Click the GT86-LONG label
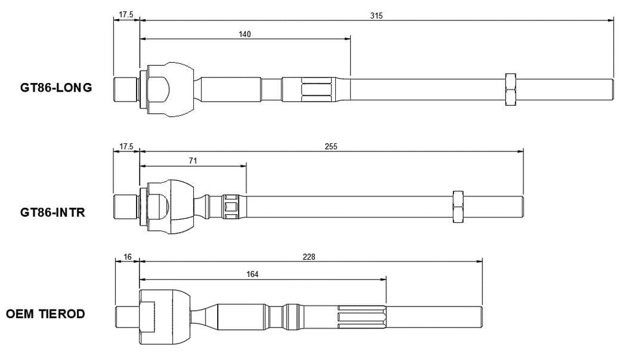(x=56, y=87)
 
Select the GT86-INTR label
(x=53, y=212)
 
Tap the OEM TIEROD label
(x=46, y=314)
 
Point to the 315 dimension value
(x=377, y=15)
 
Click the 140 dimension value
(x=245, y=34)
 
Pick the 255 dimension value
(x=331, y=146)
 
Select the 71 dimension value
(x=193, y=161)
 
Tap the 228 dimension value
(x=309, y=257)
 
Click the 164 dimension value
(x=252, y=274)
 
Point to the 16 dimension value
(x=127, y=257)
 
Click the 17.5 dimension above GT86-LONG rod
(x=126, y=15)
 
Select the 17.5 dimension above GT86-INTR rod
(x=126, y=146)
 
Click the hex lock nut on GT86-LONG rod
(x=510, y=90)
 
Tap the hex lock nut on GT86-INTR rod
(x=458, y=207)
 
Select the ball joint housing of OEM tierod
(x=165, y=317)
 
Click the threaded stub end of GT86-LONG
(x=126, y=89)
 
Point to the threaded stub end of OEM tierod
(x=127, y=317)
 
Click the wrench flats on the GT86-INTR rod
(x=231, y=207)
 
